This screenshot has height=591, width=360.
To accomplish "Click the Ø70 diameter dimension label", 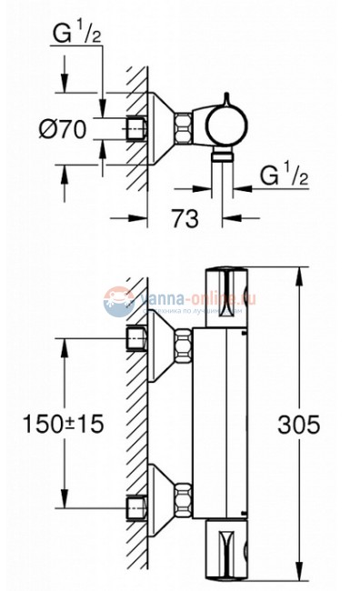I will (64, 129).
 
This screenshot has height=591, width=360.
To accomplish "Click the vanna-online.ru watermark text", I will (195, 296).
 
